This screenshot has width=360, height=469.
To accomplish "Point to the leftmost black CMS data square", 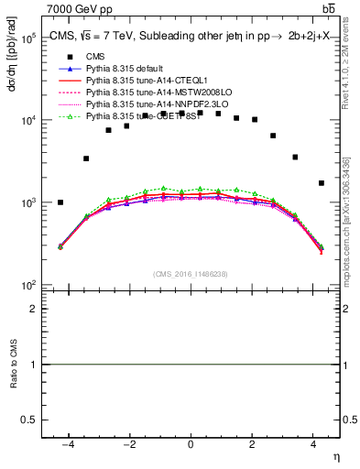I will point(60,202).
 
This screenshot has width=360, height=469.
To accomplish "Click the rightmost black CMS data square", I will point(321,183).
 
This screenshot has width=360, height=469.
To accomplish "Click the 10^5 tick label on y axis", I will point(27,38).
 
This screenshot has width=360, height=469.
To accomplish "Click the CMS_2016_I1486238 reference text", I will point(191,274).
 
